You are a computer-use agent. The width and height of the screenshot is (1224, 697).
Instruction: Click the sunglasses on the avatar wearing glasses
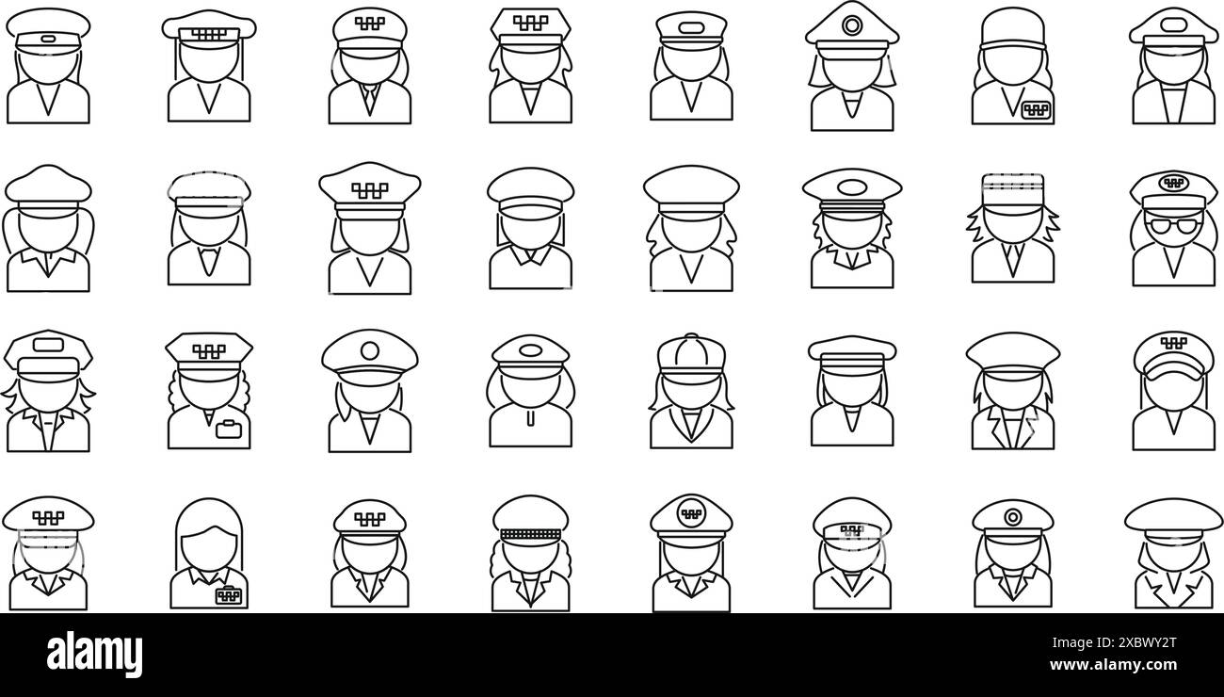(x=1173, y=225)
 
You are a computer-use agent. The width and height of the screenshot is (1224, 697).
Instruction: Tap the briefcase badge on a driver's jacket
(x=229, y=430)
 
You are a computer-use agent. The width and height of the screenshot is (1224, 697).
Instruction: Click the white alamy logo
(x=94, y=654)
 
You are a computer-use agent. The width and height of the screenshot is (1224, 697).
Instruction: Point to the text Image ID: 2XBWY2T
(x=1114, y=642)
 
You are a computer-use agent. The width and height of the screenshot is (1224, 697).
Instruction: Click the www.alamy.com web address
(x=1113, y=665)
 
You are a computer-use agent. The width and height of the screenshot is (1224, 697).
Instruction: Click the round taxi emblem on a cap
(x=691, y=514)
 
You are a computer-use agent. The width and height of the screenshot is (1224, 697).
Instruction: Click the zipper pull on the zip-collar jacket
(x=530, y=419)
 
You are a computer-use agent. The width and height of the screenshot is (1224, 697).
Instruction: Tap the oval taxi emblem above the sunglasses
(x=1173, y=183)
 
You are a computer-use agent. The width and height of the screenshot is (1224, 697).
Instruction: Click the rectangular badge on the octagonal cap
(x=48, y=345)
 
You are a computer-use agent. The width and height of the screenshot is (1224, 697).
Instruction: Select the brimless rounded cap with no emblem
(x=1012, y=30)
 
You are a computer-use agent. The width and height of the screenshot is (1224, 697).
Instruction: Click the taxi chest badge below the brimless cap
(x=1035, y=110)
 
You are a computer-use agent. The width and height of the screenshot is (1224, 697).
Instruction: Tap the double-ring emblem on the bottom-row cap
(x=1012, y=516)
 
